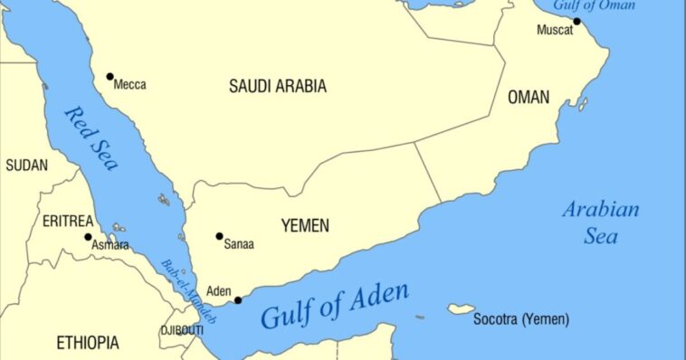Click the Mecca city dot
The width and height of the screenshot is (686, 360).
click(x=110, y=77)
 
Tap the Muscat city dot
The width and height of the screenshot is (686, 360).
click(x=577, y=21)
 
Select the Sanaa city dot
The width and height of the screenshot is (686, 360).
click(x=219, y=236)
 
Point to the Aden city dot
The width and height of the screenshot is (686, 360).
click(x=238, y=300)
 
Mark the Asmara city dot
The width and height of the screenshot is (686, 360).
click(x=89, y=237)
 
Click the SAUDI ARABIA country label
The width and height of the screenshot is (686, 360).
click(x=277, y=87)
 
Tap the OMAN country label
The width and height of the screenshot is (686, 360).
click(x=529, y=97)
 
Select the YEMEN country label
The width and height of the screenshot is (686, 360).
click(x=305, y=225)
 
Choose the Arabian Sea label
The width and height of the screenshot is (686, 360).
click(x=600, y=223)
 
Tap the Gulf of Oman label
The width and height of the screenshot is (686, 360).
click(x=608, y=5)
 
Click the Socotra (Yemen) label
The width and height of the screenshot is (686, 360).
click(x=522, y=319)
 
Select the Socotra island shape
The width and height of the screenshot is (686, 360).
click(x=461, y=309)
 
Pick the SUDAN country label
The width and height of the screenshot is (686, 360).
click(x=27, y=166)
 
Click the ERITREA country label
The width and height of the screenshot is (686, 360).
click(x=67, y=221)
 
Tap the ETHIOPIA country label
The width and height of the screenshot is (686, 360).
click(x=87, y=343)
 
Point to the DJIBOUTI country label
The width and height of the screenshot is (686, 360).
click(x=182, y=331)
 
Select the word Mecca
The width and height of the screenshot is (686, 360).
click(x=130, y=85)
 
